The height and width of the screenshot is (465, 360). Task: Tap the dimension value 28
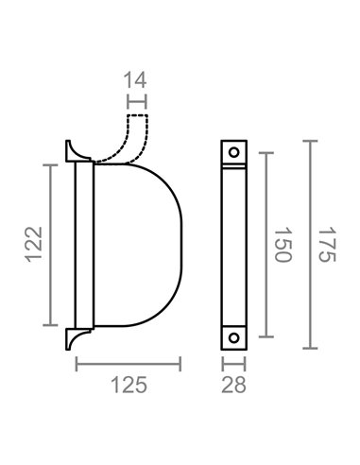[232, 385]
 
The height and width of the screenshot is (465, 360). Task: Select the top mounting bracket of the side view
[72, 150]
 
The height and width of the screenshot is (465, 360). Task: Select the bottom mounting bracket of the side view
[72, 337]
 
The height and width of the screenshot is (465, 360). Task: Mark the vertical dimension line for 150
[265, 245]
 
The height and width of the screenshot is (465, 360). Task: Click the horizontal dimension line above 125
[128, 363]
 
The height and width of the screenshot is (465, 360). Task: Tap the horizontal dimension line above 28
[232, 363]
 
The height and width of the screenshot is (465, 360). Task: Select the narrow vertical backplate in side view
[80, 244]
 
